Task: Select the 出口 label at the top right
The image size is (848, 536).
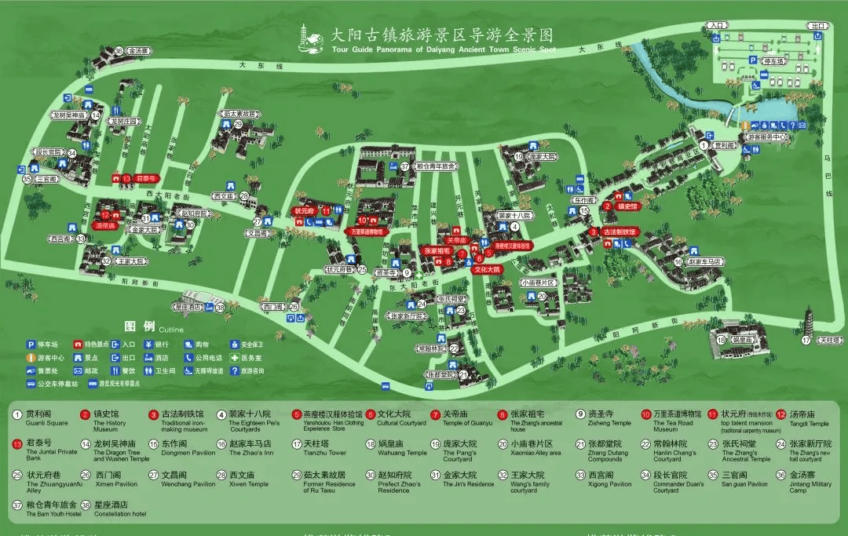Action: (x=818, y=25)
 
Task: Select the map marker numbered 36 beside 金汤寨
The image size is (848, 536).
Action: (x=119, y=51)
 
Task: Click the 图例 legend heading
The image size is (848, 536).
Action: (x=140, y=326)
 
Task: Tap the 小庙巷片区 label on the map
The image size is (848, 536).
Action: (x=538, y=282)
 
